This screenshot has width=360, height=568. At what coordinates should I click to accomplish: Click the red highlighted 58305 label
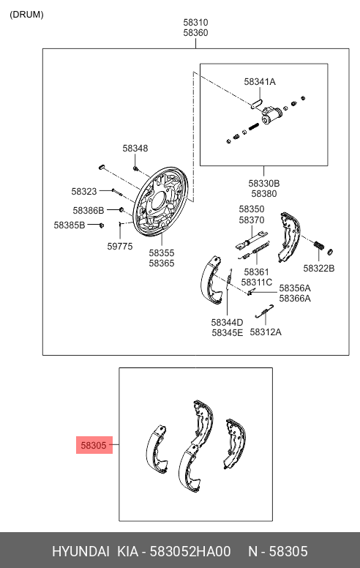[94, 444]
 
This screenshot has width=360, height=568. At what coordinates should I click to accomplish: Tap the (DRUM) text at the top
[26, 14]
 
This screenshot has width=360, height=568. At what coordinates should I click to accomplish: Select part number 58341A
[260, 82]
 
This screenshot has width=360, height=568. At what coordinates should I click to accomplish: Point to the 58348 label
[135, 148]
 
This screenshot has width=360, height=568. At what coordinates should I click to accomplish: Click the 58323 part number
[84, 191]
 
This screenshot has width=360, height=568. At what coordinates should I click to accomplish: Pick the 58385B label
[69, 225]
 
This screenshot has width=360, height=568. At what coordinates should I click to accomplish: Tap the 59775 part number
[120, 247]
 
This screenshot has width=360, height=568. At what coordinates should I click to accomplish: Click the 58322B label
[319, 268]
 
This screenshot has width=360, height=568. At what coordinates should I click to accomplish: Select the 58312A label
[266, 332]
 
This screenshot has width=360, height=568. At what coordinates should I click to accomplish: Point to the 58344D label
[227, 322]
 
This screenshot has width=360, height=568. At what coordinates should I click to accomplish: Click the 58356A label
[295, 288]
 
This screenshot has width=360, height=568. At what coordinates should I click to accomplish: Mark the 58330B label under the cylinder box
[263, 184]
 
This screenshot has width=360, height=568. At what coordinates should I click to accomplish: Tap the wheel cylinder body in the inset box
[274, 114]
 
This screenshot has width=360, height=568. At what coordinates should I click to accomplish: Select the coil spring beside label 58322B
[319, 246]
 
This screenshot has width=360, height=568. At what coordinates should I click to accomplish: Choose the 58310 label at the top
[195, 23]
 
